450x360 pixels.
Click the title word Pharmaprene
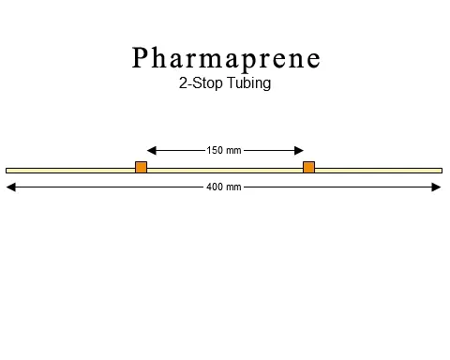(x=226, y=59)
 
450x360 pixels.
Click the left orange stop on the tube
(x=141, y=167)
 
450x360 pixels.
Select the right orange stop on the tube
(x=308, y=167)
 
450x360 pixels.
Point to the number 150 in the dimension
(x=215, y=150)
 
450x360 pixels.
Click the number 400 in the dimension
(x=215, y=187)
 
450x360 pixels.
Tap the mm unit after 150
(x=233, y=150)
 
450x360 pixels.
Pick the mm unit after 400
(x=233, y=187)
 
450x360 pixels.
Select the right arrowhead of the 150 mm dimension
(x=299, y=149)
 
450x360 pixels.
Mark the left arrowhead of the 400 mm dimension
(x=11, y=187)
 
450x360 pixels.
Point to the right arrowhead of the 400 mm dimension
(x=436, y=187)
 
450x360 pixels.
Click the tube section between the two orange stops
(x=225, y=170)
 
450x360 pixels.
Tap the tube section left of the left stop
(x=70, y=170)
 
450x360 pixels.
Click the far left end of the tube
(x=7, y=170)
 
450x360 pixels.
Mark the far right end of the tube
(x=440, y=170)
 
